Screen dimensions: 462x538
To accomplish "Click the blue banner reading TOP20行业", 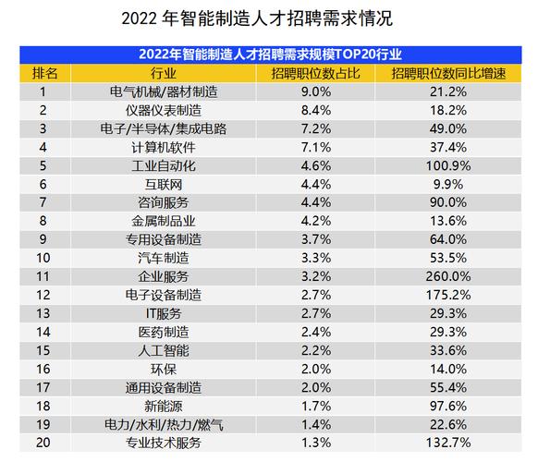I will click(268, 54).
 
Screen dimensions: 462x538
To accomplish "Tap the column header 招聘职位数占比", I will click(315, 73).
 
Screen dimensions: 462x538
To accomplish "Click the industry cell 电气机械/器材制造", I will click(163, 91).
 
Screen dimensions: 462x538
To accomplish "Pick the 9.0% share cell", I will click(316, 91).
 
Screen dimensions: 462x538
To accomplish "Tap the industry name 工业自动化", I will click(163, 165).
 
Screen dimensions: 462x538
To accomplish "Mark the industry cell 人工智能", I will click(163, 350).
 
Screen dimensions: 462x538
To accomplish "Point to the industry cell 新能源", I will click(163, 406).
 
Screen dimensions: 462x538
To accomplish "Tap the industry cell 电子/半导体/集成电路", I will click(163, 128).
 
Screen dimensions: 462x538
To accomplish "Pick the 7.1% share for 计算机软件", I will click(316, 147).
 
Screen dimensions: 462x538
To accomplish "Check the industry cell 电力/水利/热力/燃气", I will click(163, 424).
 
